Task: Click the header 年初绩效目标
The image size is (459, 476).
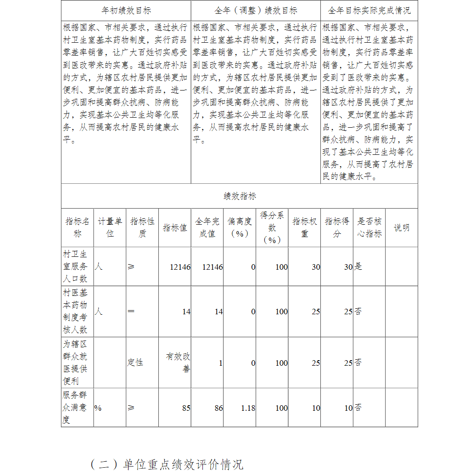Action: [x=126, y=10]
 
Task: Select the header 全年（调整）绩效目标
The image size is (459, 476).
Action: [x=256, y=10]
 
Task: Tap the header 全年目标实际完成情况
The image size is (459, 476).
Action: [x=369, y=10]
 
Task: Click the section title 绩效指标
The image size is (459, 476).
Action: [x=240, y=196]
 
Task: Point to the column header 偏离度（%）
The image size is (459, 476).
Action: [x=240, y=227]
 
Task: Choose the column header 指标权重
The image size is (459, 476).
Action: [x=305, y=227]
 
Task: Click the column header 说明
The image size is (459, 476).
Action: [x=402, y=227]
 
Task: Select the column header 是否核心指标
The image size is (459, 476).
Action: [x=369, y=227]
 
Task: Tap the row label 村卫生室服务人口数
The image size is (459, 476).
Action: [x=75, y=266]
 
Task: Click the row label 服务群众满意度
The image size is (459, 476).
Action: [x=75, y=408]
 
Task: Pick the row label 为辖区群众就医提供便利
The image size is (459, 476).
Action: [x=75, y=363]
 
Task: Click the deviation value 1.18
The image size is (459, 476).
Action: [x=248, y=408]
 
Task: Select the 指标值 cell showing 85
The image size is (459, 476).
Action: [x=186, y=408]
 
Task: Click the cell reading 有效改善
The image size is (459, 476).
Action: [x=178, y=363]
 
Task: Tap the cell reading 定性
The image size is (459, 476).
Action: [x=135, y=363]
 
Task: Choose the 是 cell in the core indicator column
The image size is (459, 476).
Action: [x=358, y=266]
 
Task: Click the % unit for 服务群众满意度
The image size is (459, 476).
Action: [x=98, y=408]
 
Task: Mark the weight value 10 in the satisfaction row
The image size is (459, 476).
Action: [x=316, y=408]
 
